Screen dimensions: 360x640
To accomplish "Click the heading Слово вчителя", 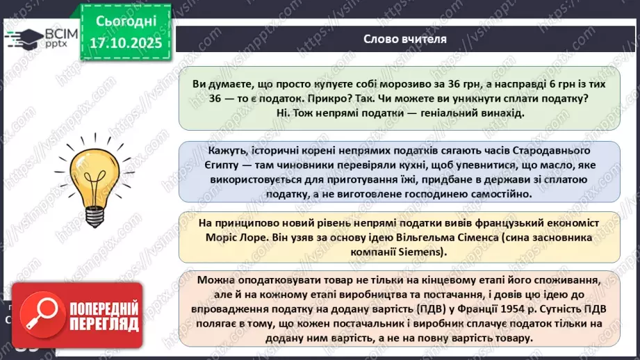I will pos(404,38).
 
